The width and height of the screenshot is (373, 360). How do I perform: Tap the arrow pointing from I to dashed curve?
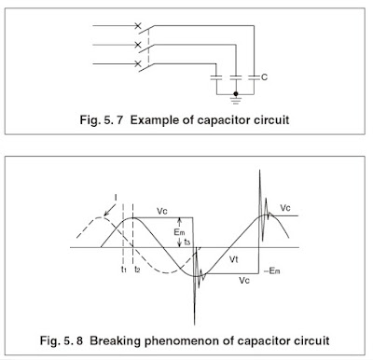click(x=108, y=208)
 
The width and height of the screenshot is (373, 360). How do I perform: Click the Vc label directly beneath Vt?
click(x=243, y=279)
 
